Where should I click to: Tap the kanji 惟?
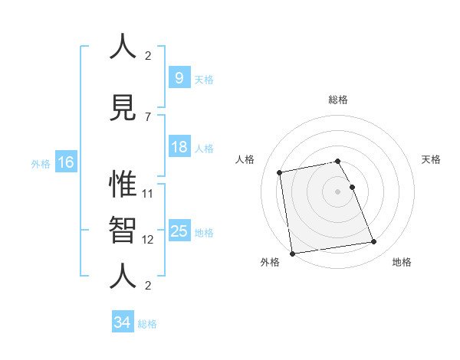click(123, 184)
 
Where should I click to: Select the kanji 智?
click(123, 231)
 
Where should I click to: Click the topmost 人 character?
click(123, 47)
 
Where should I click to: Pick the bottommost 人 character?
click(123, 277)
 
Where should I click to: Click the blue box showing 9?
click(179, 77)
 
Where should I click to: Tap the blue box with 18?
click(179, 147)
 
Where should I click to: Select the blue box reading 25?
click(179, 231)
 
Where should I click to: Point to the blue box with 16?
click(65, 162)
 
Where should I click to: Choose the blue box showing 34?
click(122, 323)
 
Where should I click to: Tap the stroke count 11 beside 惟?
click(148, 193)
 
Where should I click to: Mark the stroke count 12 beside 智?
click(148, 239)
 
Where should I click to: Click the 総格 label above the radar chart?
click(337, 100)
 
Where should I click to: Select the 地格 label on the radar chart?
click(402, 262)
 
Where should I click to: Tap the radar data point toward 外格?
click(292, 253)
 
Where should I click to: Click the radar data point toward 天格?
click(352, 187)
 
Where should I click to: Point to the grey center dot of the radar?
click(337, 191)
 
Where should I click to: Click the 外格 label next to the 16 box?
click(41, 163)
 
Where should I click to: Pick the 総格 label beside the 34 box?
click(147, 324)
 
